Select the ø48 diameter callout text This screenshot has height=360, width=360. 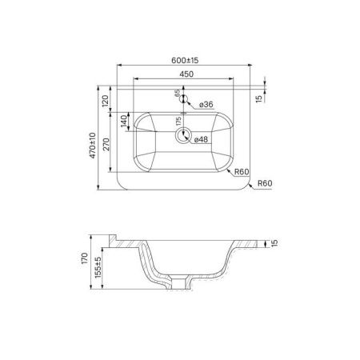(203, 138)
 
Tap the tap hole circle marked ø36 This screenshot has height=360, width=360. (185, 100)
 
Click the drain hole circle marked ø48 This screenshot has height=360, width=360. (185, 137)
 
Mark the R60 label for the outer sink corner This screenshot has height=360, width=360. (265, 184)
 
